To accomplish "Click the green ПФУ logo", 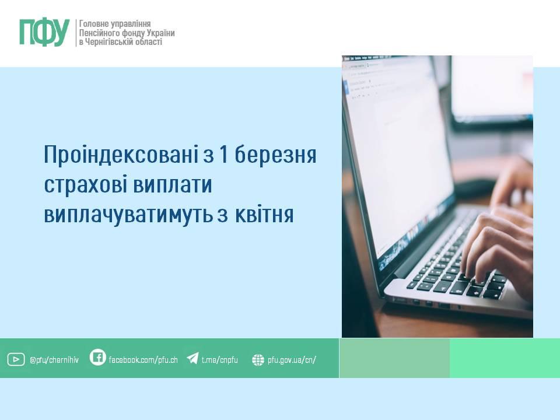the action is pyautogui.click(x=44, y=33).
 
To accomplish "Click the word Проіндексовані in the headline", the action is pyautogui.click(x=120, y=155).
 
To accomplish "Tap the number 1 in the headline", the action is pyautogui.click(x=223, y=154).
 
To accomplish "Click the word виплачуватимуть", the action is pyautogui.click(x=128, y=215).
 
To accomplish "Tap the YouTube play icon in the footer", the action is pyautogui.click(x=16, y=359).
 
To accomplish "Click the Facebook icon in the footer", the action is pyautogui.click(x=97, y=357).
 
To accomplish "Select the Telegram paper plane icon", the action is pyautogui.click(x=193, y=358).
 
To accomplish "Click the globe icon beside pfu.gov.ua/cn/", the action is pyautogui.click(x=258, y=360).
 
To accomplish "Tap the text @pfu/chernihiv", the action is pyautogui.click(x=54, y=360).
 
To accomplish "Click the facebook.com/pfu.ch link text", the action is pyautogui.click(x=143, y=360).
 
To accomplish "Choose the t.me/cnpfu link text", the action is pyautogui.click(x=220, y=360).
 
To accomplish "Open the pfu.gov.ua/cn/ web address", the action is pyautogui.click(x=292, y=360).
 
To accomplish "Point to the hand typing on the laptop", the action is pyautogui.click(x=499, y=246).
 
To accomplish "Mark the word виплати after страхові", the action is pyautogui.click(x=173, y=185).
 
